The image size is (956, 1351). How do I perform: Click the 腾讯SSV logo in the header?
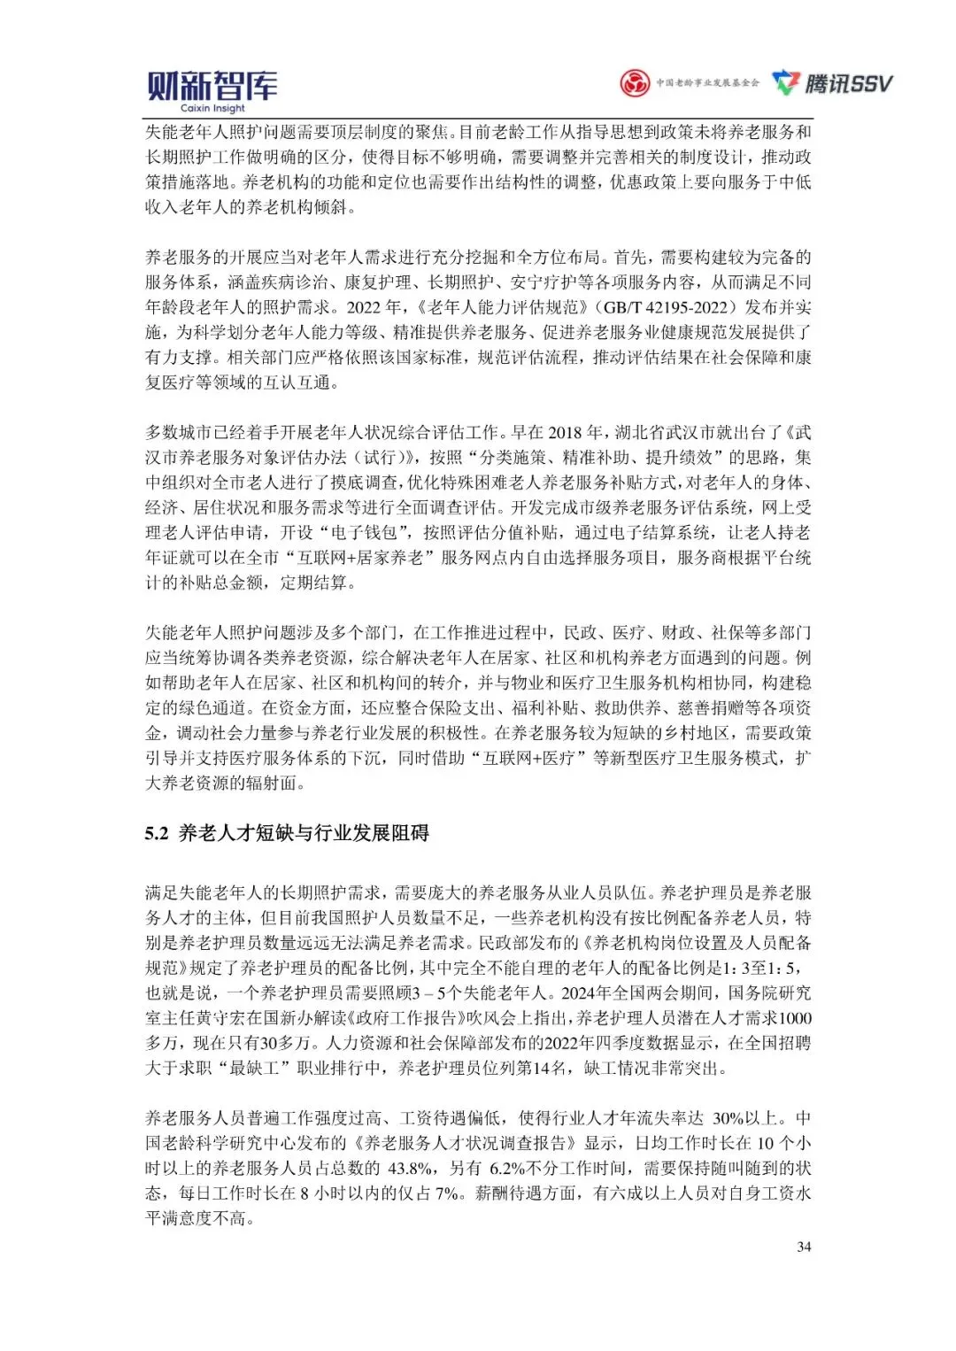[x=832, y=83]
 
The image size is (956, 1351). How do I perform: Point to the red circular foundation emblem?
[x=634, y=83]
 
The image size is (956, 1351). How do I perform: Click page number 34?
[x=804, y=1247]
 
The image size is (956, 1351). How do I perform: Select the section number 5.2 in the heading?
[x=157, y=833]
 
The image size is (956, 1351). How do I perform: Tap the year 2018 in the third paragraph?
[x=565, y=432]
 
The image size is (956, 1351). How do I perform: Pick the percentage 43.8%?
[x=409, y=1168]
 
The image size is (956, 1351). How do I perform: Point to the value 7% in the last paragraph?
[x=449, y=1193]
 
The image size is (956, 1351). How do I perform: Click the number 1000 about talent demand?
[x=795, y=1018]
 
